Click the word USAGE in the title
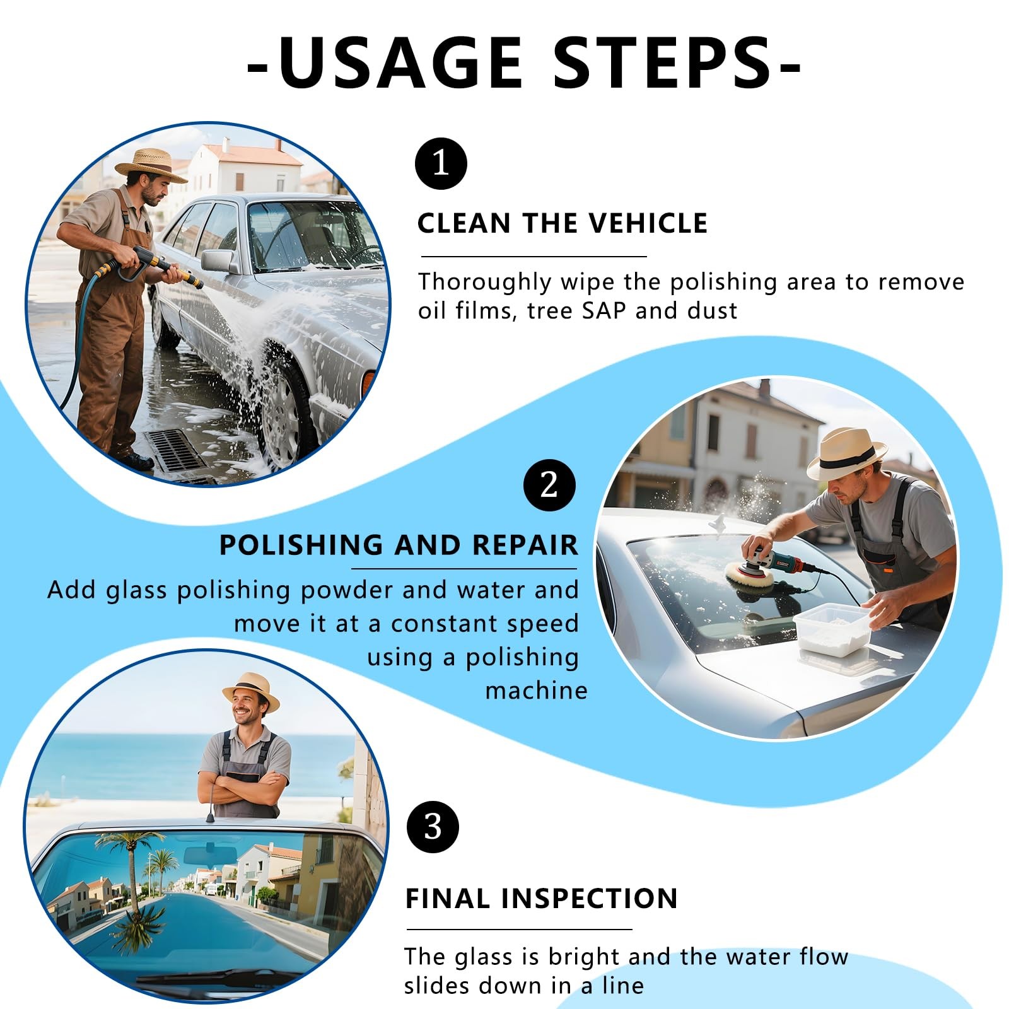[400, 62]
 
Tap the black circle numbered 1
[441, 164]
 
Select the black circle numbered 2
[549, 485]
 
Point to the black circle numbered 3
[433, 826]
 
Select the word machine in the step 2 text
[536, 691]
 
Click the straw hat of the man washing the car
[151, 165]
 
